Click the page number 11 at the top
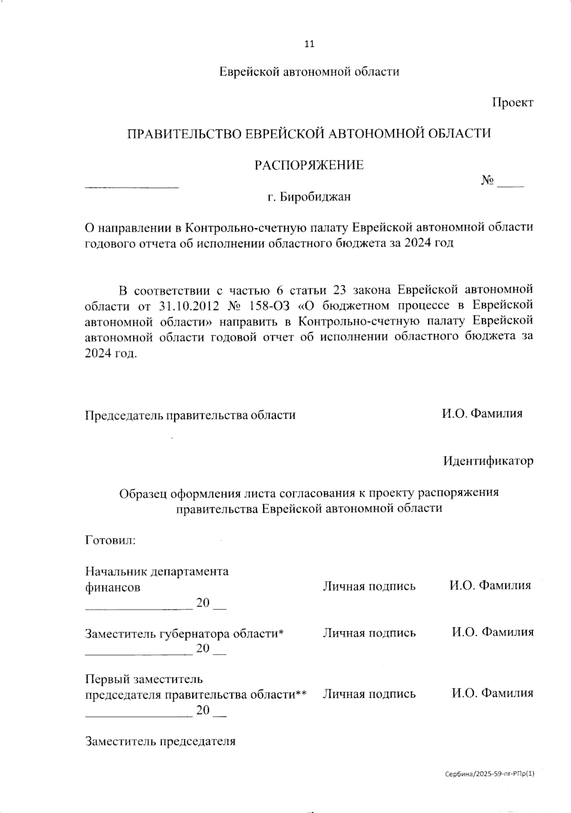click(309, 44)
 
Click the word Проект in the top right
click(512, 102)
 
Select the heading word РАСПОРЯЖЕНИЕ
click(309, 165)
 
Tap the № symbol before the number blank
click(488, 181)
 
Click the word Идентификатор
click(488, 461)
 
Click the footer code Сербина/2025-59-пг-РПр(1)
click(490, 774)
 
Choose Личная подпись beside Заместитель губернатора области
click(369, 633)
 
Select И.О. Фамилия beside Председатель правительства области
click(482, 413)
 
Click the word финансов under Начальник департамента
click(113, 587)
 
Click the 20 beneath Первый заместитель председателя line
click(203, 710)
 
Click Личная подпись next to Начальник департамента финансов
click(369, 586)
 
